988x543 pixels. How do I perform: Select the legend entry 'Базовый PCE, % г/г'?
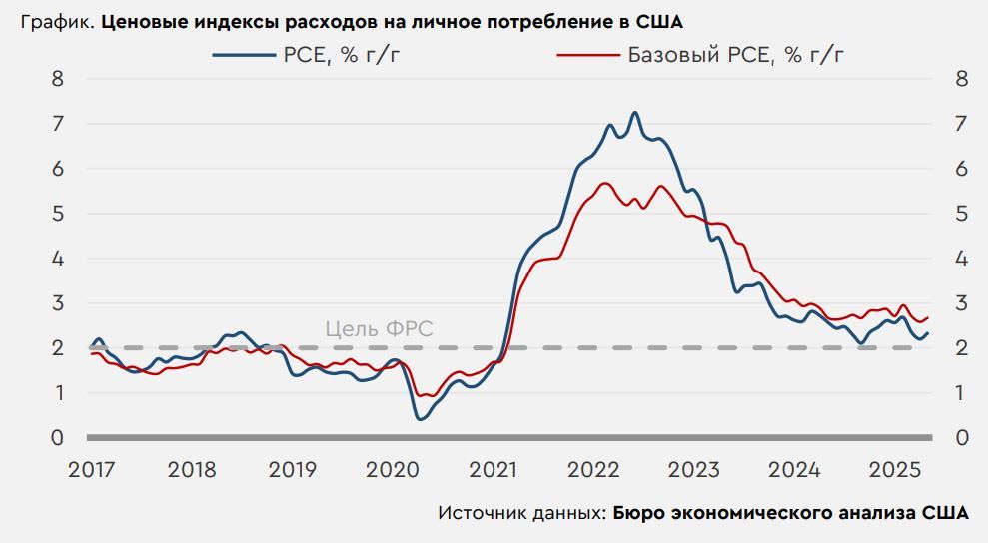(x=735, y=55)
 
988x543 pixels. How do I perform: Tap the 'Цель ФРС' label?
(x=380, y=329)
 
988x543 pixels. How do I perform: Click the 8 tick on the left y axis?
(x=58, y=79)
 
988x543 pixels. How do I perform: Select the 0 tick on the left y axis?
(x=58, y=438)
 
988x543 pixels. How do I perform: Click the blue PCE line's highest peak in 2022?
(x=634, y=113)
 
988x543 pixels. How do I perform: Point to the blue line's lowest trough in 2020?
(x=419, y=418)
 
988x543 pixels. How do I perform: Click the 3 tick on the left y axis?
(x=58, y=303)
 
